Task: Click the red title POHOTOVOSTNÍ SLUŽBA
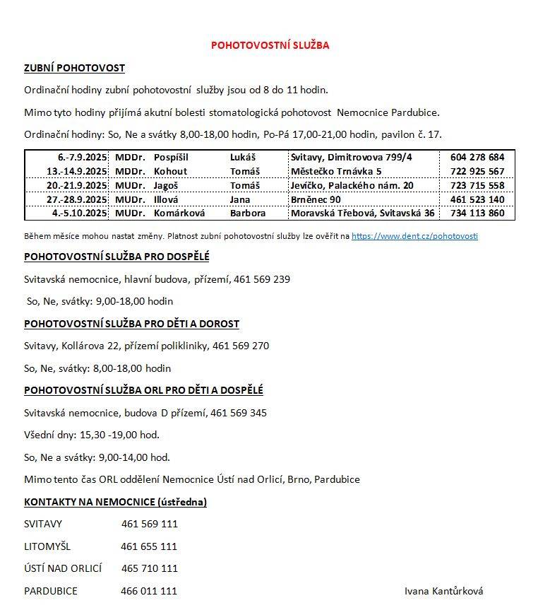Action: [270, 45]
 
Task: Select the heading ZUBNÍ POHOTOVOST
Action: [74, 68]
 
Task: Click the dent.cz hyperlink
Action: [414, 236]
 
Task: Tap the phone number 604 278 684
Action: [477, 157]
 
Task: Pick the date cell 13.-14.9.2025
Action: [77, 171]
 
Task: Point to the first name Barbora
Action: [248, 213]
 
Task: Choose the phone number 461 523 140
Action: [477, 199]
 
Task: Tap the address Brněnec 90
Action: [316, 199]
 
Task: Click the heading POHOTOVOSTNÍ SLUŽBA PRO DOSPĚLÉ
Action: [116, 257]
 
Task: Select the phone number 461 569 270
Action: [241, 346]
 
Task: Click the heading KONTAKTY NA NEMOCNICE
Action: [115, 502]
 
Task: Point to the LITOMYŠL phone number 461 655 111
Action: [149, 546]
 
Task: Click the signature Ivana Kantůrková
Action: [443, 591]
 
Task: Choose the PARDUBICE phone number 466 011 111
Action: [149, 591]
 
